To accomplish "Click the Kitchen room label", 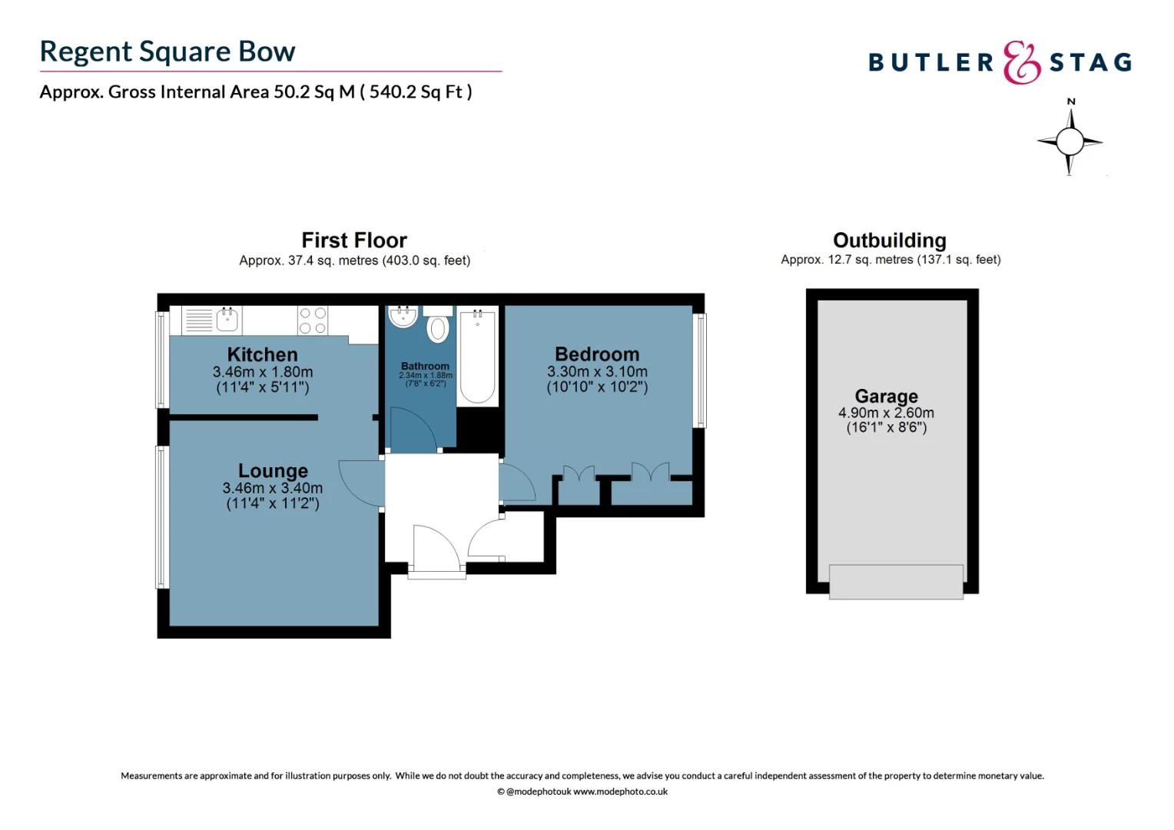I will tap(262, 354).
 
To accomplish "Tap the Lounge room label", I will tap(273, 470).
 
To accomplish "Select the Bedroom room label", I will tap(597, 354).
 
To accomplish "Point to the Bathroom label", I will tap(425, 367).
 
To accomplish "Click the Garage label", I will tap(886, 396).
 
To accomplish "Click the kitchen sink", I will tap(227, 320).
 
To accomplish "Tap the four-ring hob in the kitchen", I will tap(313, 320).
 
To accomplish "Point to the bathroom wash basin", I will tap(403, 317).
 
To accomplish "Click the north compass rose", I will tap(1070, 141).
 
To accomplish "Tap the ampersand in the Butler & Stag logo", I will tap(1021, 63).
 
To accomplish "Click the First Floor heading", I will tap(354, 241).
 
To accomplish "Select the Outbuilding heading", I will tap(890, 241).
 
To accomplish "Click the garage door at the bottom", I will tap(896, 582).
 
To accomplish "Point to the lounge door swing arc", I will tap(360, 484).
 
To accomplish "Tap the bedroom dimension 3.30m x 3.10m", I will tap(597, 371).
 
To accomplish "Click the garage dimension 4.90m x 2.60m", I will tap(886, 413).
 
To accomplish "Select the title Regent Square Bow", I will tap(167, 51).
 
